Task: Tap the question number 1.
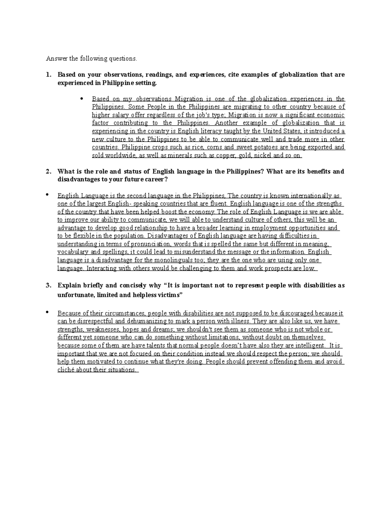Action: coord(48,75)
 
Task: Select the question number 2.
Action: coord(48,171)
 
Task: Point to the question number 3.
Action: coord(48,286)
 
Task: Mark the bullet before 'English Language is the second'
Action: coord(47,195)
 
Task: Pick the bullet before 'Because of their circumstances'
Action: coord(47,312)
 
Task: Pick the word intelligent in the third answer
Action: coord(308,346)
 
